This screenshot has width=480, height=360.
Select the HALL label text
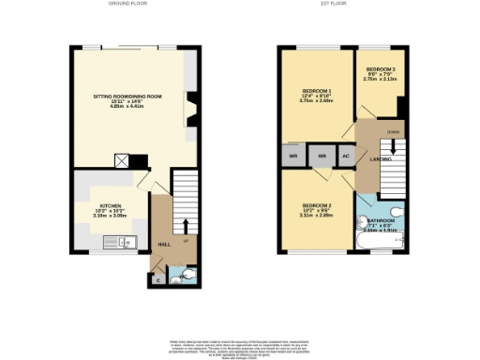click(x=163, y=245)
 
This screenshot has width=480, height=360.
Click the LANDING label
click(x=381, y=159)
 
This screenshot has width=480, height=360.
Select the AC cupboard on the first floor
click(x=345, y=156)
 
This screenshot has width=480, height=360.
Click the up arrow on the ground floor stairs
click(x=185, y=226)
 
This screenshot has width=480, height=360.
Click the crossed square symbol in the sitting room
click(x=121, y=159)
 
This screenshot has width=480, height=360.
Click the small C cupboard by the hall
click(x=157, y=278)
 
